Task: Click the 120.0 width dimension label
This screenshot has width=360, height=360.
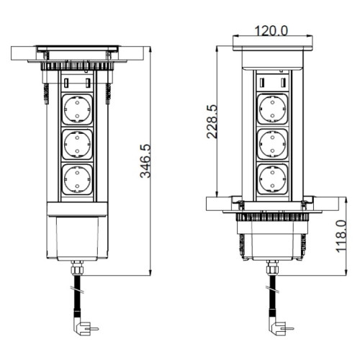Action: tap(271, 31)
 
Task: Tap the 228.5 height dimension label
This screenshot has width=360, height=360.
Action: tap(212, 122)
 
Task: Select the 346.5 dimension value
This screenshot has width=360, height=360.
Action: tap(145, 161)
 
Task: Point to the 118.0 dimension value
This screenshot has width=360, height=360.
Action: tap(341, 236)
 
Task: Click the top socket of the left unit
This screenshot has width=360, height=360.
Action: tap(77, 109)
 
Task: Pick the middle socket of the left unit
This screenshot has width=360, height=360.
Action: tap(77, 144)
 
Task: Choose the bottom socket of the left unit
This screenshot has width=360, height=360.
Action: tap(77, 179)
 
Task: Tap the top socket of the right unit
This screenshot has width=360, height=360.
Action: tap(272, 109)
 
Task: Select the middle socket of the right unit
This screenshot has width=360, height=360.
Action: tap(272, 144)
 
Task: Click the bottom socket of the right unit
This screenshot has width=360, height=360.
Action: tap(272, 179)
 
